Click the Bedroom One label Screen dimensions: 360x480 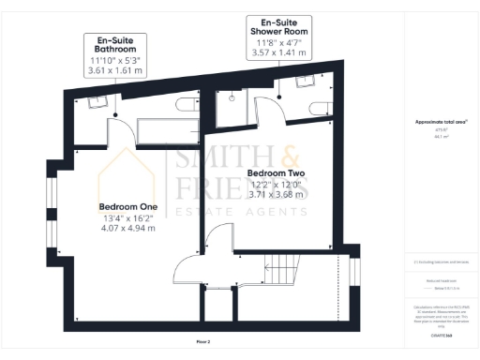pyautogui.click(x=127, y=207)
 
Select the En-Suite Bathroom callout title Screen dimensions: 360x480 pyautogui.click(x=113, y=46)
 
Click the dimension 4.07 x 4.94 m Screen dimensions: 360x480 pyautogui.click(x=127, y=228)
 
